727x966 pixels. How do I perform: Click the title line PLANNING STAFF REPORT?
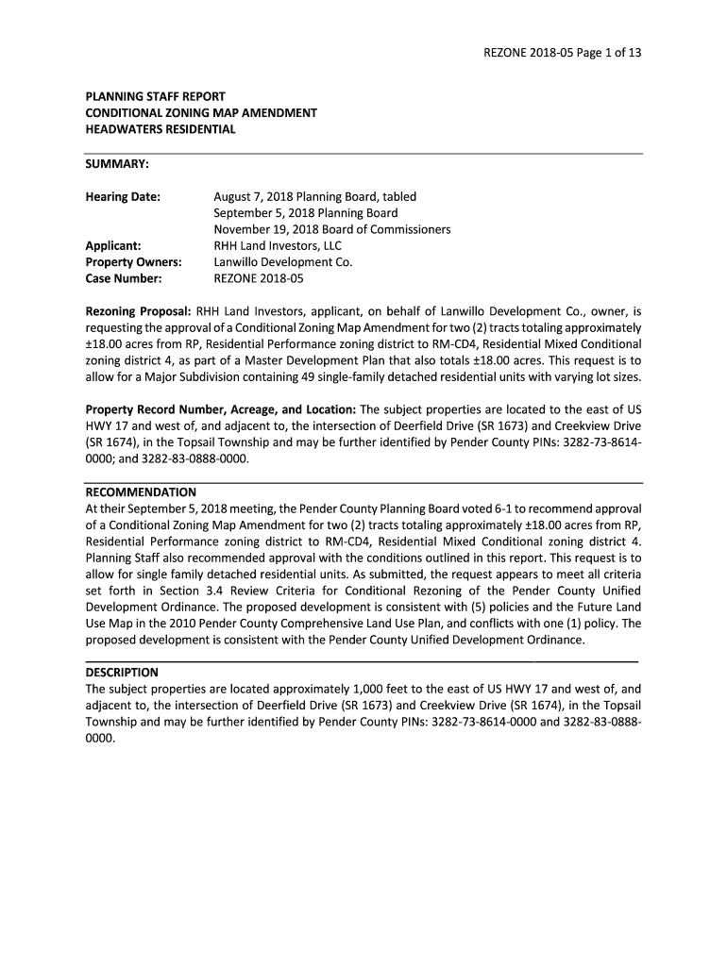tap(155, 96)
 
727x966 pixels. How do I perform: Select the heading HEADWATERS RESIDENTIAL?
tap(161, 129)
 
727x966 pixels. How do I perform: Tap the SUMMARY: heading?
tap(117, 164)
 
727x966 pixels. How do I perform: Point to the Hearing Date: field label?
tap(123, 197)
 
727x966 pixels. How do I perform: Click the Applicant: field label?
tap(113, 246)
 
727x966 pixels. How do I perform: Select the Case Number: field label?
tap(124, 278)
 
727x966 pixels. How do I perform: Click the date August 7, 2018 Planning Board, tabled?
tap(314, 197)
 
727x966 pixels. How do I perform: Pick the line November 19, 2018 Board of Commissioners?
tap(331, 229)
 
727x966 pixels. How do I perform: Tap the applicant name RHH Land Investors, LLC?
tap(278, 246)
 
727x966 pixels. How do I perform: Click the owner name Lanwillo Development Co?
tap(282, 262)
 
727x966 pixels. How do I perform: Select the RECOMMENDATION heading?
tap(141, 492)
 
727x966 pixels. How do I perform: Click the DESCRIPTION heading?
tap(122, 673)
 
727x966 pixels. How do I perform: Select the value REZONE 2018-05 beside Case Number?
tap(259, 278)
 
